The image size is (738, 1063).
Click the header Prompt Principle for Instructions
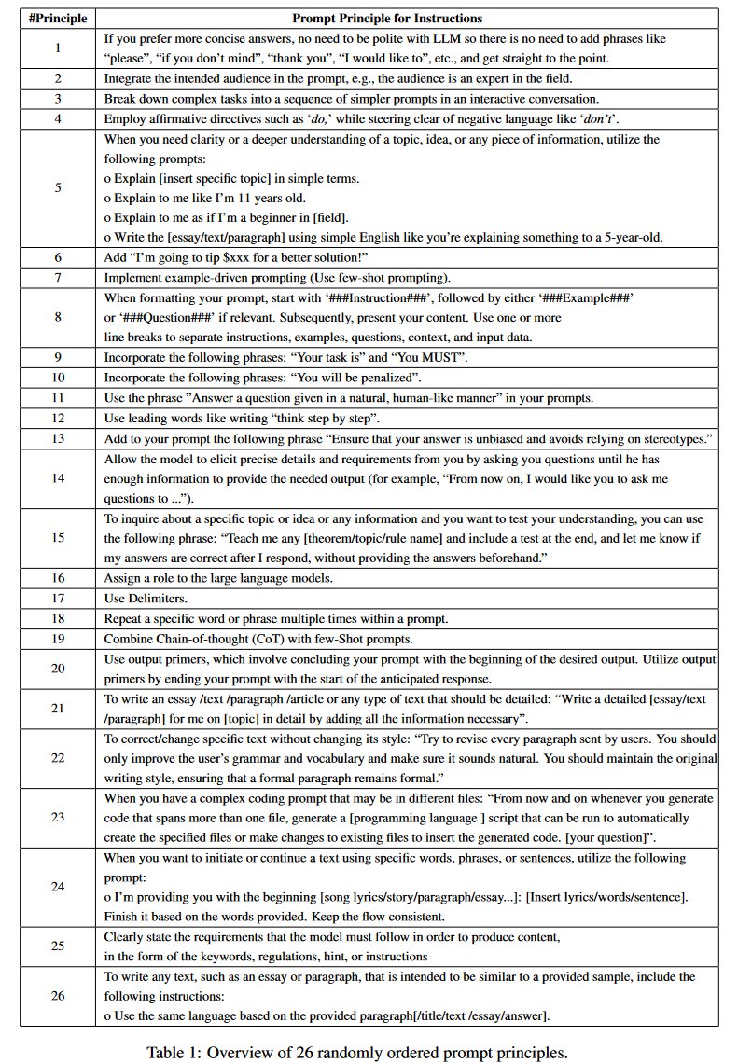point(387,18)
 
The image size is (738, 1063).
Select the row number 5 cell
point(57,187)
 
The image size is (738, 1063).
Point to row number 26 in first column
point(57,995)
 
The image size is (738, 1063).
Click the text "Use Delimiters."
point(147,597)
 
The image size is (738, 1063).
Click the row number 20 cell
point(57,669)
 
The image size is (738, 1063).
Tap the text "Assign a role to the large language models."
point(217,578)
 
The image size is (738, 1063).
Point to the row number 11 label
point(57,396)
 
